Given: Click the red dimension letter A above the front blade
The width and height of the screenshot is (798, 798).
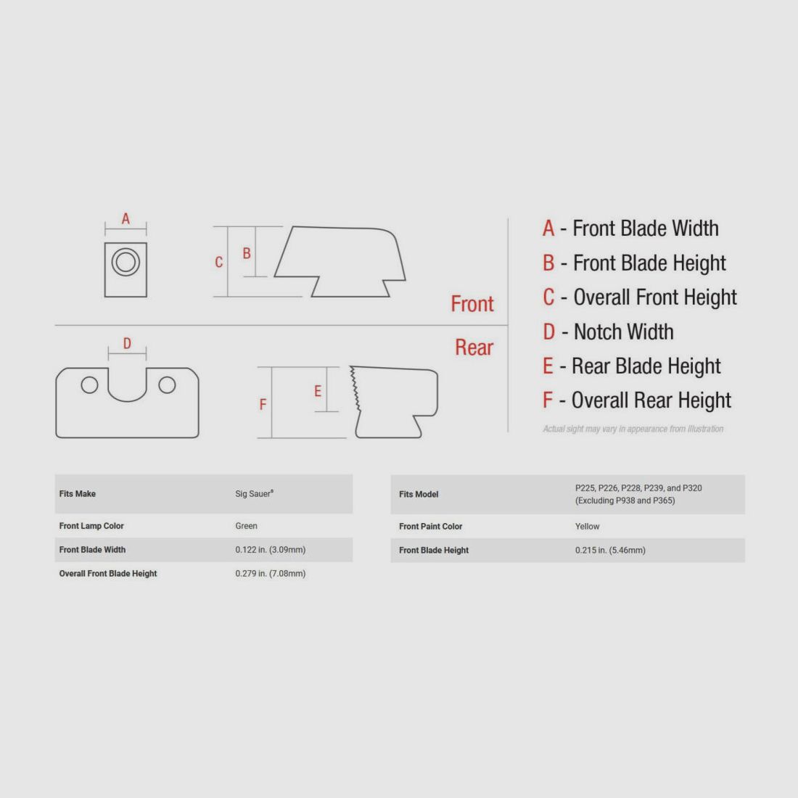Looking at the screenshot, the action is (126, 218).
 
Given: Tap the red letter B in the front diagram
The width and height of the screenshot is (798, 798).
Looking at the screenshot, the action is (247, 253).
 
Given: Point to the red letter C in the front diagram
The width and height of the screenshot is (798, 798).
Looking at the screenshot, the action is (219, 262).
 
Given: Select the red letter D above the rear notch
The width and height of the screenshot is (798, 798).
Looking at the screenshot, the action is (127, 344).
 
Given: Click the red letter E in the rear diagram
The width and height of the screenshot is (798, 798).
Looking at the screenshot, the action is (318, 391).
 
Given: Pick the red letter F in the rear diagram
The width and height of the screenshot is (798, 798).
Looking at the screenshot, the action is (263, 404).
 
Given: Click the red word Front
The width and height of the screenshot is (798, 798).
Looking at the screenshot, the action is (472, 304).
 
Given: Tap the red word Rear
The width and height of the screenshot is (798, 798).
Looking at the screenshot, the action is (474, 347).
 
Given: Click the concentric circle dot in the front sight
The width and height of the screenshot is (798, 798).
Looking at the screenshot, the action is (126, 262).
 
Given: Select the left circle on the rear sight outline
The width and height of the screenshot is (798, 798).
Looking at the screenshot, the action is (89, 385).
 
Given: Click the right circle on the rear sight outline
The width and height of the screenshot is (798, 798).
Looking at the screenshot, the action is (167, 385).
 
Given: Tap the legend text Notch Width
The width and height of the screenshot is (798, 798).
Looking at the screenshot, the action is (623, 332).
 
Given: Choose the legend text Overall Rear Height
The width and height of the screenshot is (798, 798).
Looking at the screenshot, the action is (651, 400).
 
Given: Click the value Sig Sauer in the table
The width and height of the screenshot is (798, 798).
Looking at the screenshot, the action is (255, 493).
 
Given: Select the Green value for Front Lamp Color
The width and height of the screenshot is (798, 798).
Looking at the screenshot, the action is (247, 526).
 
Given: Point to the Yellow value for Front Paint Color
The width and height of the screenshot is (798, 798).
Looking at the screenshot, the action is (588, 526).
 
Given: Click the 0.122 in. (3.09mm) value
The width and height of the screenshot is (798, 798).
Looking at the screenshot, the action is (271, 550).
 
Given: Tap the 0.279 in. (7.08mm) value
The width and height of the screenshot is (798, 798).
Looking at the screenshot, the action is (271, 574).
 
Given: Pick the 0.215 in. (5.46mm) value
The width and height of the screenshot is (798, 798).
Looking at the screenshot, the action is (610, 550).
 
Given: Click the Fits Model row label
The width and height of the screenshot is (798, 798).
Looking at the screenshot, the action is (419, 494).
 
